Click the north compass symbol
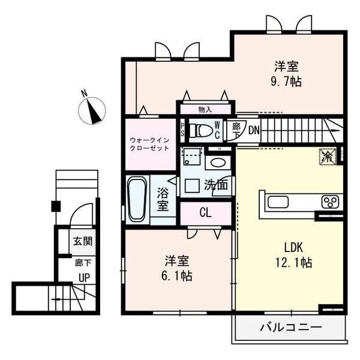coord(92,110)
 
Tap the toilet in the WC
coord(202,130)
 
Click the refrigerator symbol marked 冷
coord(328,157)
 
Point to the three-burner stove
coord(330,202)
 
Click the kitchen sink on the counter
coord(278,202)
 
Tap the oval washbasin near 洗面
coord(218,163)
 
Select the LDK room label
coord(293,247)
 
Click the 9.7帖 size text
coord(286,81)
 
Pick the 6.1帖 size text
coord(177,276)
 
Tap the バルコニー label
coord(290,328)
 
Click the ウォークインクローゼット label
coord(149,144)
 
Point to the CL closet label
coord(205,213)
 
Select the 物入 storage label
coord(205,110)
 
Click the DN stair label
coord(254,131)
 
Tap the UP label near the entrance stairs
coord(84,278)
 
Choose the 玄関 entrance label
coord(83,241)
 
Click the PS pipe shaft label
coord(182,130)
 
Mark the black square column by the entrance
coord(56,206)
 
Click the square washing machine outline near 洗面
coord(192,185)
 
